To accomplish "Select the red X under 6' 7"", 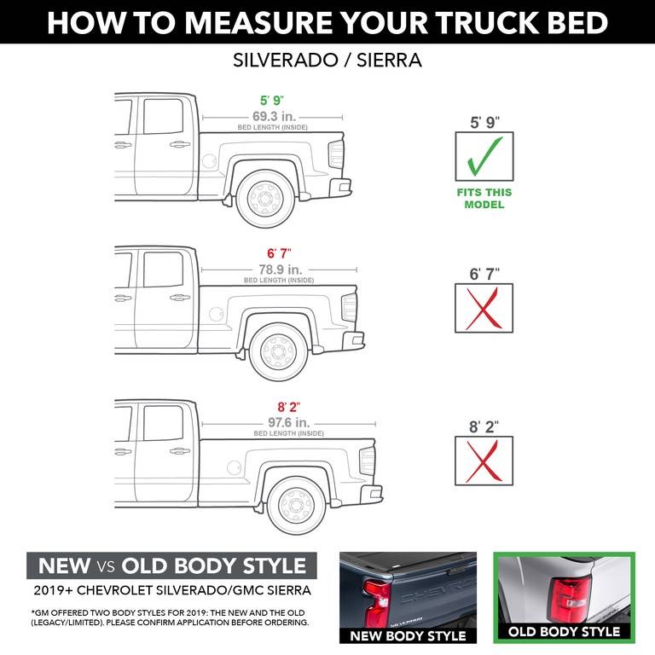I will (484, 310).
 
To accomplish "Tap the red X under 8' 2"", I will (484, 461).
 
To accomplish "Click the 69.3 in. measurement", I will (272, 115).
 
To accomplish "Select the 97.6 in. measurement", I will (289, 422).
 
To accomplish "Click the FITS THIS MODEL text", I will (484, 198).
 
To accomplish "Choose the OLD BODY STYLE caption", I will (565, 632).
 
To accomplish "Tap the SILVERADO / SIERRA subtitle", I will (327, 61).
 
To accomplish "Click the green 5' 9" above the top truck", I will (272, 100).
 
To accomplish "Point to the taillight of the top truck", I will (336, 154).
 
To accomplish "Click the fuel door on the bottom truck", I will (233, 467).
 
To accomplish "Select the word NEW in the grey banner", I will (64, 565).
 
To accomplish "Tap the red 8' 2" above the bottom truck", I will (289, 407).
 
